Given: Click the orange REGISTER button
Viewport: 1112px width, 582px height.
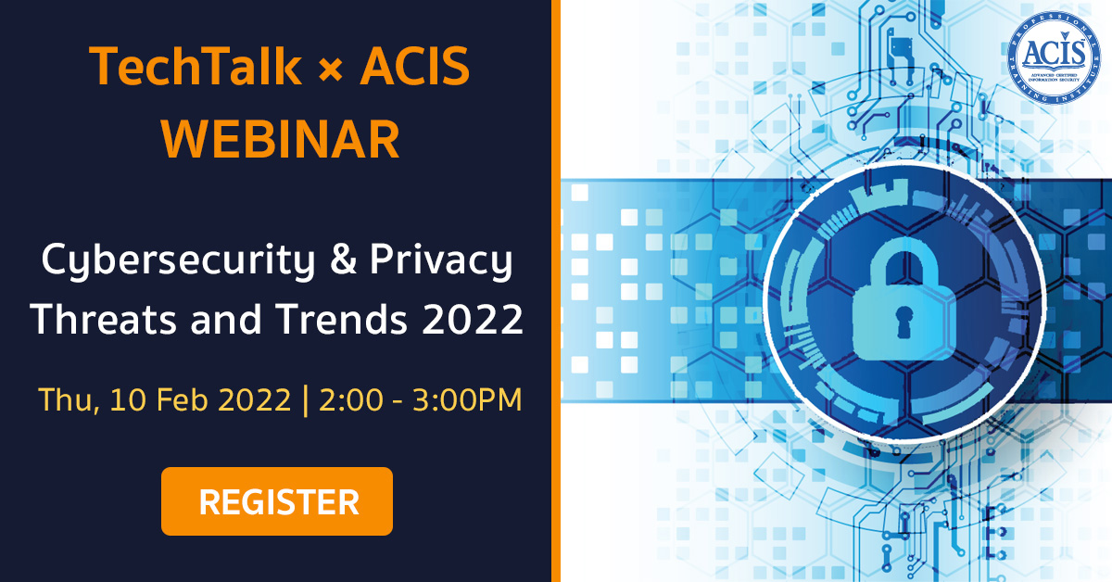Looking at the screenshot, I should coord(277,501).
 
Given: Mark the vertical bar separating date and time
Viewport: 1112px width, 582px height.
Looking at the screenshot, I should coord(305,400).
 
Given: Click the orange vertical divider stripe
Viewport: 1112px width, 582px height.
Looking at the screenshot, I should coord(556,291).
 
